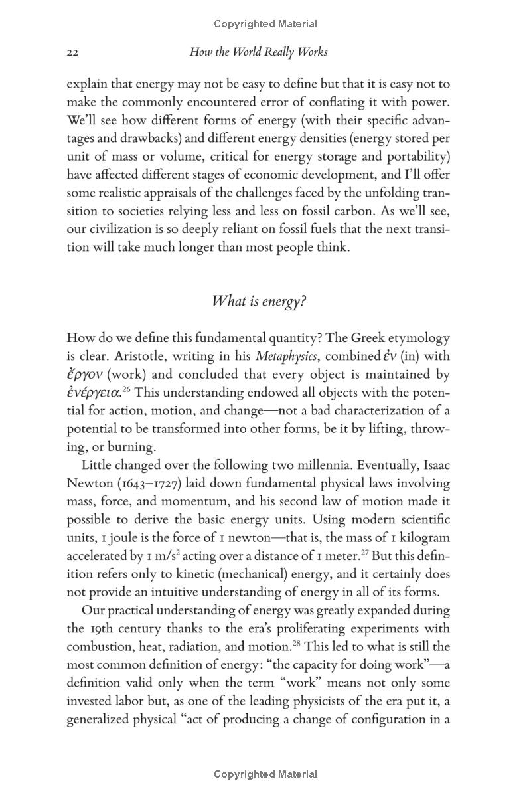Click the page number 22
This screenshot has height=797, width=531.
click(73, 52)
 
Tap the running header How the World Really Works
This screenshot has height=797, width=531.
click(258, 52)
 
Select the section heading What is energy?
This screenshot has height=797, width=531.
click(258, 301)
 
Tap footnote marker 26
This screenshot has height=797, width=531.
click(125, 389)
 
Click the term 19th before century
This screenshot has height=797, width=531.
click(102, 628)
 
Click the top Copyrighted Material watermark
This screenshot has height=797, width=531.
click(265, 24)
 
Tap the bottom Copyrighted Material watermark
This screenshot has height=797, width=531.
click(265, 774)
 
